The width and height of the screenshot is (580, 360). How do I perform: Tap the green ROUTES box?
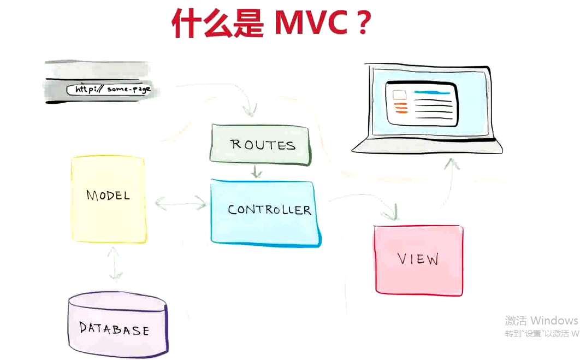click(x=260, y=145)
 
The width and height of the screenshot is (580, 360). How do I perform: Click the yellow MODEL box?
click(x=108, y=199)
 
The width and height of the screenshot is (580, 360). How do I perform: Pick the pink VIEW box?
click(x=418, y=259)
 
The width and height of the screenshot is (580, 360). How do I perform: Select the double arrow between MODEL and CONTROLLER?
click(x=181, y=204)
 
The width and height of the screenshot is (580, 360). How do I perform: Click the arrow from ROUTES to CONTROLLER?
click(x=256, y=171)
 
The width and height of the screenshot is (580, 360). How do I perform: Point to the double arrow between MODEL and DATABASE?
click(x=115, y=263)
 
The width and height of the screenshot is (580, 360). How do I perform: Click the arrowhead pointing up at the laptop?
click(x=452, y=163)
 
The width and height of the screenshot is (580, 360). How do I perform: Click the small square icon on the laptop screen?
click(x=399, y=95)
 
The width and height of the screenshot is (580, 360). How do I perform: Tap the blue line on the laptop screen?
click(x=432, y=92)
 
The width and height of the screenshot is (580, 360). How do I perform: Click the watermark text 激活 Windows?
click(x=541, y=320)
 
